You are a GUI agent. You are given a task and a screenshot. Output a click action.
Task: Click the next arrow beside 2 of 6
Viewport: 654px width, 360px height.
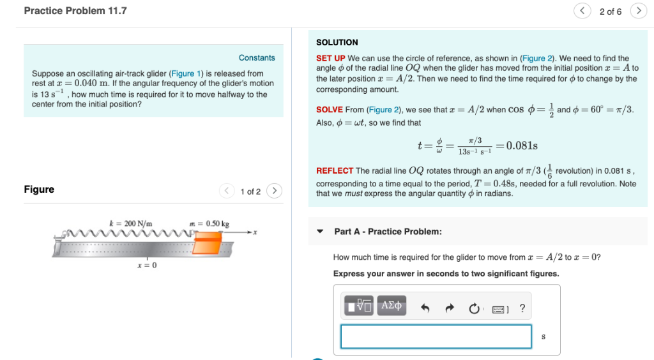(638, 11)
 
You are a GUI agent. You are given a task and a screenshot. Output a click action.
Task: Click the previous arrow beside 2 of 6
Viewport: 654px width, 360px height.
(582, 11)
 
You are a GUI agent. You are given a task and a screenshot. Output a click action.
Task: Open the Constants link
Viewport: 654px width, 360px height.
(257, 57)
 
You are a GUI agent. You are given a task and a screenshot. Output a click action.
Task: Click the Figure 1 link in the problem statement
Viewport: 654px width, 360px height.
(182, 73)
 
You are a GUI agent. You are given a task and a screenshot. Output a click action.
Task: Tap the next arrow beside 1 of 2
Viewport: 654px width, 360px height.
(274, 191)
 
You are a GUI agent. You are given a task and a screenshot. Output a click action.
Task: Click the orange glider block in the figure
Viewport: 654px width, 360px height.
(208, 243)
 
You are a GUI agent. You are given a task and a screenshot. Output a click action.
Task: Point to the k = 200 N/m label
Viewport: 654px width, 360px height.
(131, 223)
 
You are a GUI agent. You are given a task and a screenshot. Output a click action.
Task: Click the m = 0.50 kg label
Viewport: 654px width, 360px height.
(209, 223)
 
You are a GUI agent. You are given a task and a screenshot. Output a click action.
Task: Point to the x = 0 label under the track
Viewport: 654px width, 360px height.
(147, 265)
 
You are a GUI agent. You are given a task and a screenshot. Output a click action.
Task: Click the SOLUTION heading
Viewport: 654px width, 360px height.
(337, 42)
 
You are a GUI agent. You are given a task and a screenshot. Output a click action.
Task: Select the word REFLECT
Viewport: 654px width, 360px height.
(335, 170)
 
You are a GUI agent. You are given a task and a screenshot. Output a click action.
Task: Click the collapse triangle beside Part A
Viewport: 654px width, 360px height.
(321, 232)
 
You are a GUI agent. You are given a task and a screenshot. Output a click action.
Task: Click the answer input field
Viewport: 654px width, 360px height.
(436, 336)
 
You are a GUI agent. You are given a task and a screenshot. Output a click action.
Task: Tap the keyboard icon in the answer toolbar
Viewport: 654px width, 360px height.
(500, 310)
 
